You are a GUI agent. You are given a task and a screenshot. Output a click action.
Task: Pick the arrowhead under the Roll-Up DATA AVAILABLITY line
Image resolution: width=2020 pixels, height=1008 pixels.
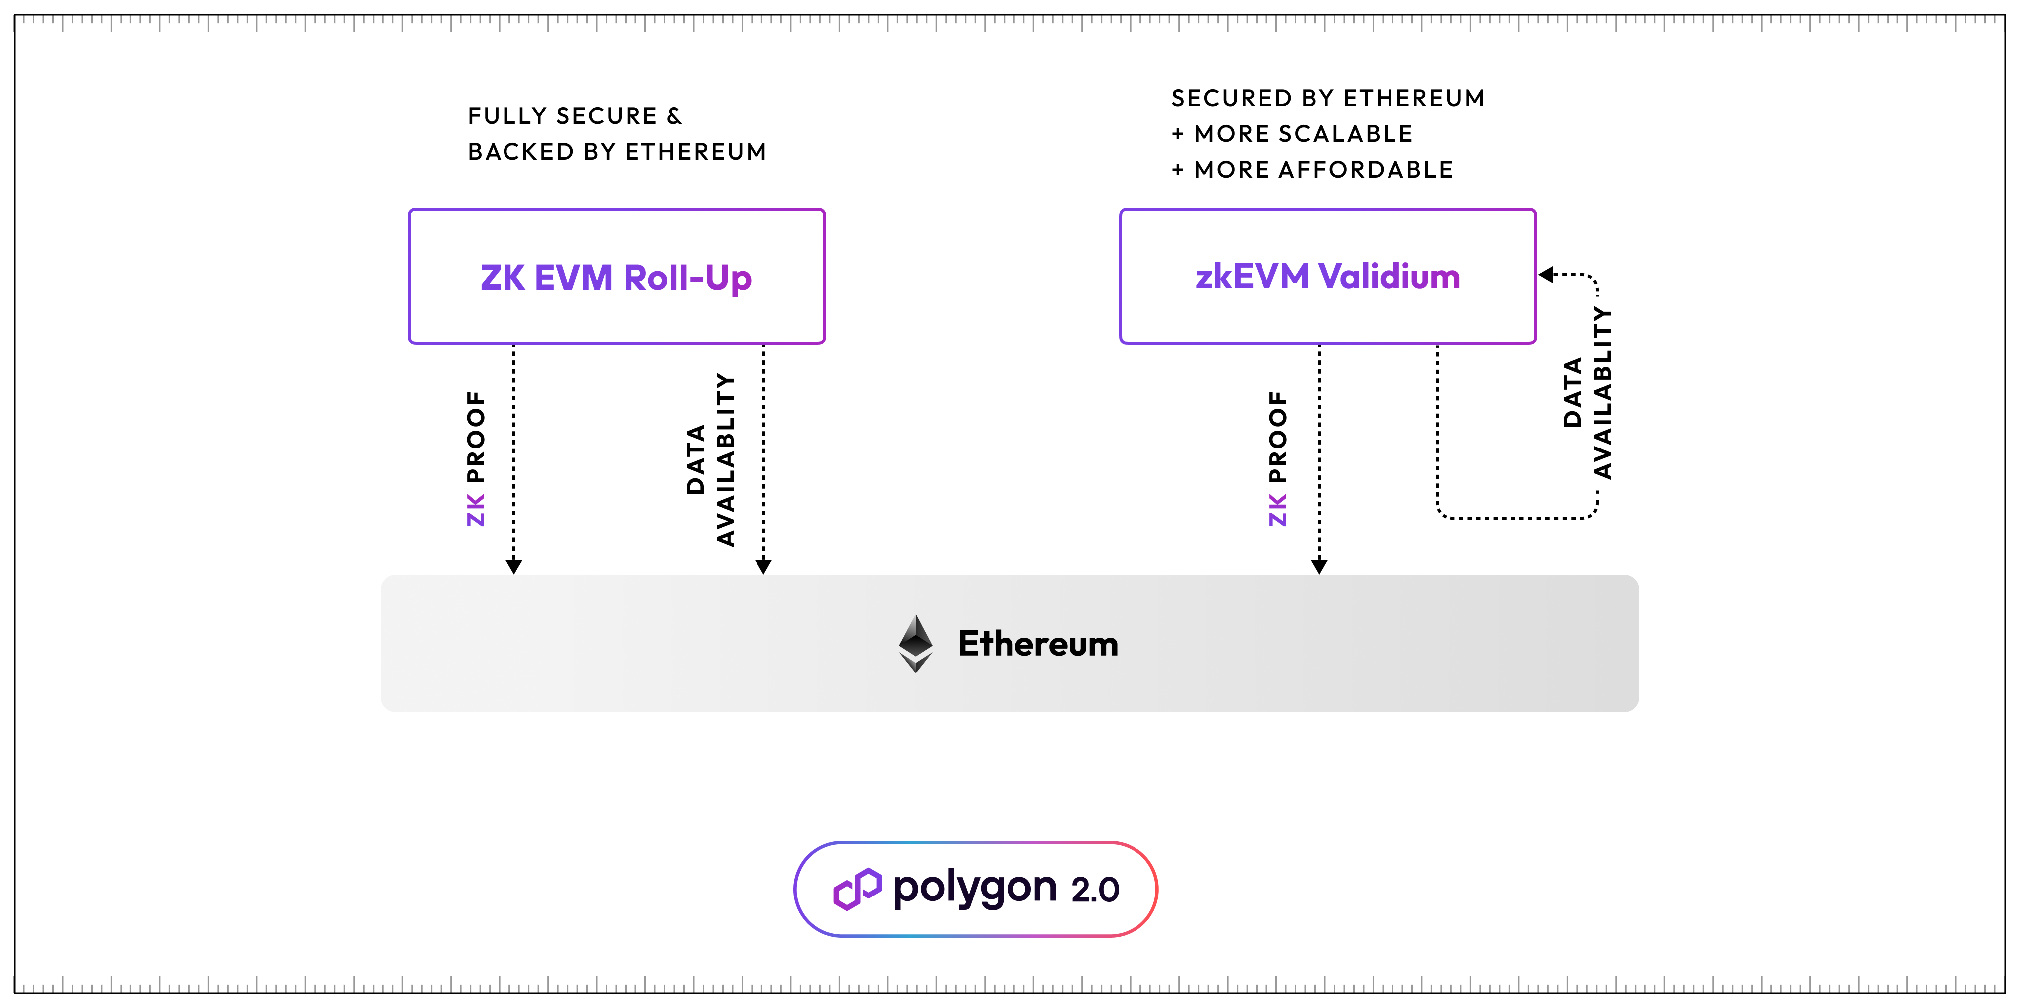click(x=763, y=566)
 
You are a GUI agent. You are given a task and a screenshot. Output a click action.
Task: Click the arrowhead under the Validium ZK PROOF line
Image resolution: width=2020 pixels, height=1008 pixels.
click(x=1319, y=566)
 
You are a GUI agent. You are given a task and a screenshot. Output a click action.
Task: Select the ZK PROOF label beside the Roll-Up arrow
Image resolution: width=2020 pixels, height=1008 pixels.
click(x=476, y=458)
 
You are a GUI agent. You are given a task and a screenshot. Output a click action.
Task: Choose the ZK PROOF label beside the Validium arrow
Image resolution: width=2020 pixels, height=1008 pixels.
click(x=1278, y=458)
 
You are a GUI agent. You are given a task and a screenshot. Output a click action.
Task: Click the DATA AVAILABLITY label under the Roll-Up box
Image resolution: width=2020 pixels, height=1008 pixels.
click(x=711, y=459)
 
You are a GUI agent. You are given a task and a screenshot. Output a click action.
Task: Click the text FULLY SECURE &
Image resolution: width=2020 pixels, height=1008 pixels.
click(x=575, y=116)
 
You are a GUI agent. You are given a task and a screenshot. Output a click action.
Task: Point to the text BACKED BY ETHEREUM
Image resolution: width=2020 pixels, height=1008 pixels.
click(x=617, y=151)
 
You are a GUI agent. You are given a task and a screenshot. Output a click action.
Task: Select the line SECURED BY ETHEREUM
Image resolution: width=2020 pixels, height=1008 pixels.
click(x=1328, y=98)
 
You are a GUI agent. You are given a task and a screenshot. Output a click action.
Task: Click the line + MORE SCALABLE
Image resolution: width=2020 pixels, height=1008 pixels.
click(x=1292, y=134)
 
